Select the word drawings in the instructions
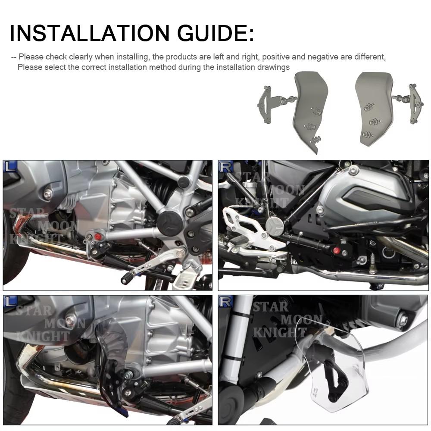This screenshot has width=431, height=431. point(272,67)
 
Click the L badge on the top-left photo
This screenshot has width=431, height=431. point(10,166)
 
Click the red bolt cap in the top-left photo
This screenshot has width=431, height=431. point(97,237)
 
